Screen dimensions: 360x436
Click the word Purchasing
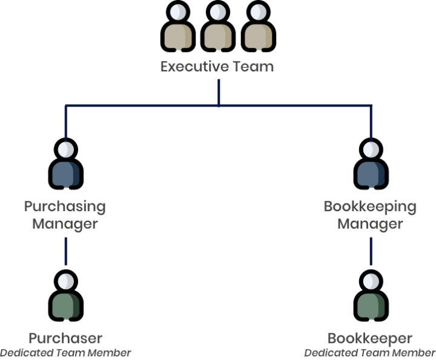(65, 206)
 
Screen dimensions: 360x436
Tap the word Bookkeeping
(370, 206)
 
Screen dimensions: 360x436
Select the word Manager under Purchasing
(65, 223)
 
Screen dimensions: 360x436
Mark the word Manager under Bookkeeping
(370, 223)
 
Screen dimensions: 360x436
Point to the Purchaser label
(65, 338)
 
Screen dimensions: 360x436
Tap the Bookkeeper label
(370, 338)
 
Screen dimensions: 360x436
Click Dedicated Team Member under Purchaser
(65, 353)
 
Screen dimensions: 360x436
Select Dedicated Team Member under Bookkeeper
(370, 353)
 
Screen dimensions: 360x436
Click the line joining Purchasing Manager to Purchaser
(66, 251)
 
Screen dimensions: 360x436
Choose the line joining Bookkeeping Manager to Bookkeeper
(371, 251)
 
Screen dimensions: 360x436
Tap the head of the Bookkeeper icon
(371, 281)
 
